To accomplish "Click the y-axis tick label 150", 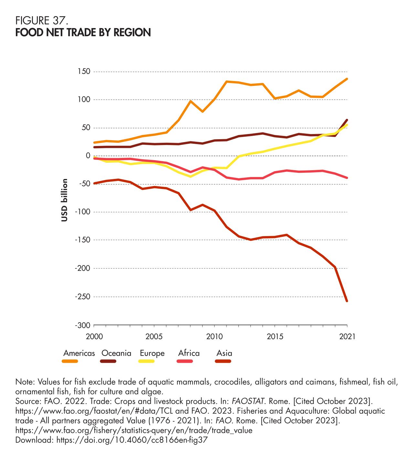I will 83,71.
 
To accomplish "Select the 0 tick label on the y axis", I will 87,156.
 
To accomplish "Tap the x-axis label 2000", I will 94,337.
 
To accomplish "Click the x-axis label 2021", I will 347,337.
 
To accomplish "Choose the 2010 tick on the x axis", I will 215,337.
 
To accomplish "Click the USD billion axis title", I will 65,200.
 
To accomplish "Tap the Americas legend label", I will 79,353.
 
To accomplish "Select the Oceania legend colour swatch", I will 108,361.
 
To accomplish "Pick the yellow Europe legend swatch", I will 146,361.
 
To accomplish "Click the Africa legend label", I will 189,353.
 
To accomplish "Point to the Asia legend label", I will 224,353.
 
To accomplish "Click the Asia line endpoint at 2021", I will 347,301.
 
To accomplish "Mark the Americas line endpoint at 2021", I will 347,79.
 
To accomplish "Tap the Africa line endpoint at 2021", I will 347,178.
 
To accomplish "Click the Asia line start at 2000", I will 94,183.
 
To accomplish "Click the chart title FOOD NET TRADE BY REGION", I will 83,32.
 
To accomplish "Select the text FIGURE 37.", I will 41,21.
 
